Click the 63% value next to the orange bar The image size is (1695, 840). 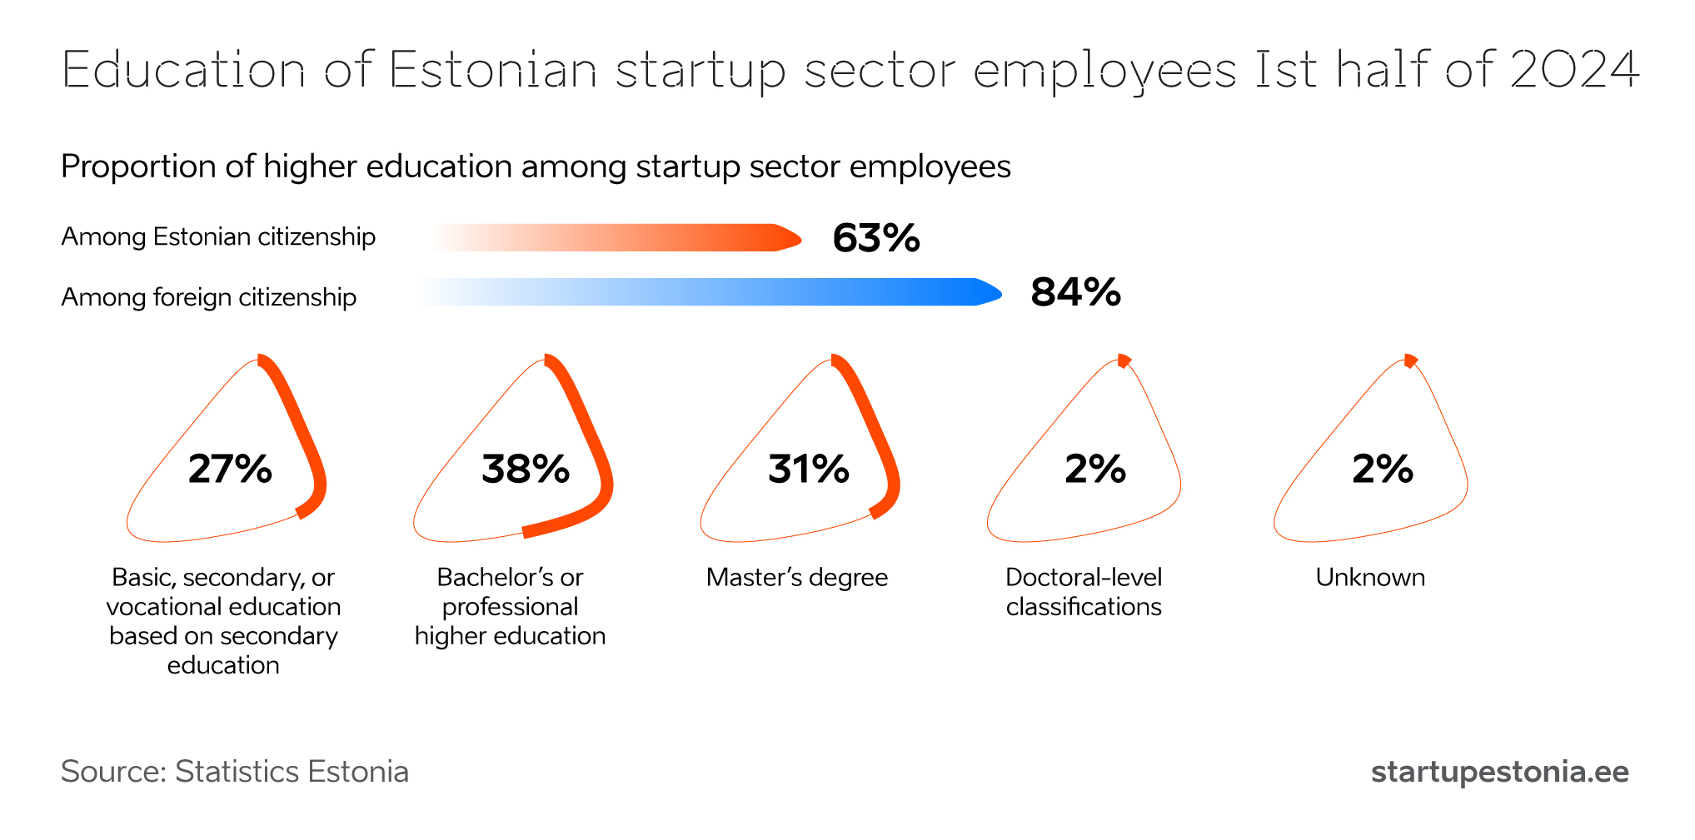[876, 238]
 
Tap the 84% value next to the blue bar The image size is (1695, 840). [1075, 292]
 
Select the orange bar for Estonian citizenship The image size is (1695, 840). [616, 237]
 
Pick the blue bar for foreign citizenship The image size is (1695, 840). [708, 292]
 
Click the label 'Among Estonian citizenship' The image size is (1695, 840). [218, 236]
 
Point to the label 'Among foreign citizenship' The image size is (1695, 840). [209, 297]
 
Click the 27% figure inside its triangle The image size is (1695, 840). [230, 469]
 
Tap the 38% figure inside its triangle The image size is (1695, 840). [526, 469]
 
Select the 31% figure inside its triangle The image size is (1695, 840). [808, 469]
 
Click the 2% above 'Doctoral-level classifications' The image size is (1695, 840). [1095, 469]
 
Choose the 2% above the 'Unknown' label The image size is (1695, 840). [1383, 469]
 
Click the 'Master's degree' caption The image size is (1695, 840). [797, 577]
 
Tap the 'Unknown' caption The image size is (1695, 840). [1370, 577]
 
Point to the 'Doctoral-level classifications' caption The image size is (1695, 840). [1084, 592]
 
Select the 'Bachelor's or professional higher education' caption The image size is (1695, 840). [511, 606]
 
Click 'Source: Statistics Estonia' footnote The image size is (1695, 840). [235, 772]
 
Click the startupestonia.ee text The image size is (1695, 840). [1500, 772]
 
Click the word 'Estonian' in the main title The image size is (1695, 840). [493, 69]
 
